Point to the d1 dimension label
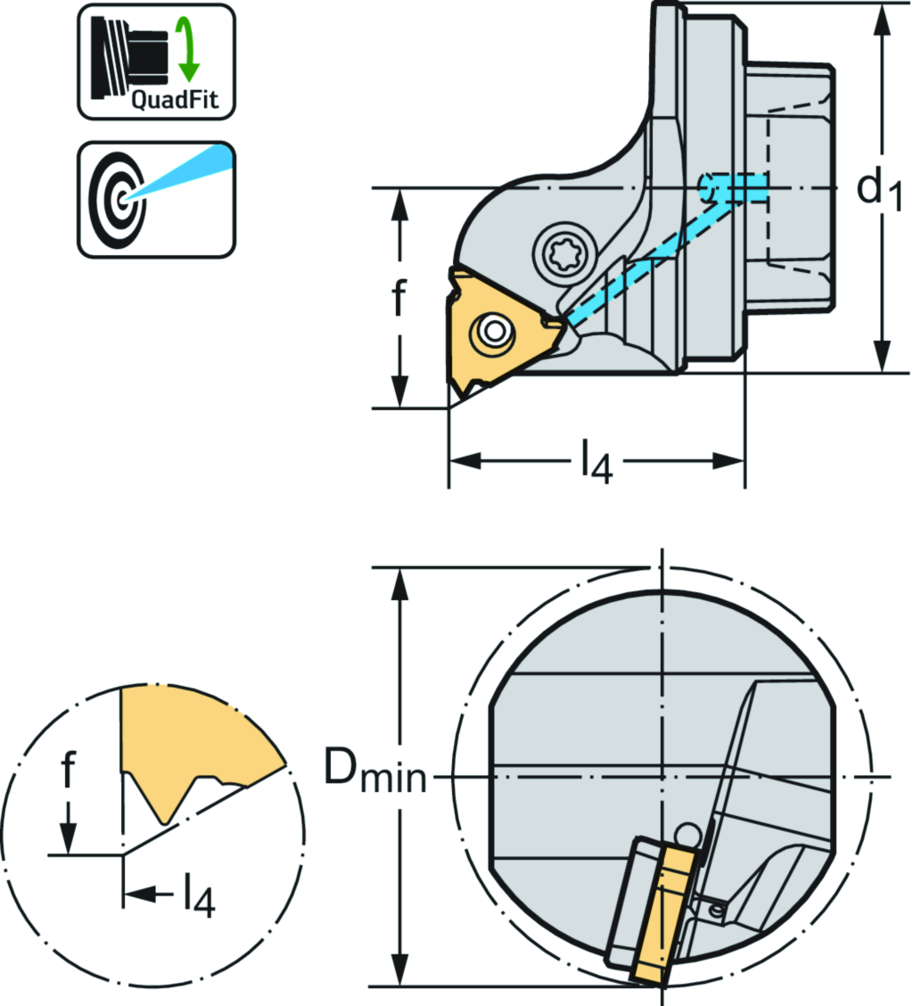pyautogui.click(x=878, y=189)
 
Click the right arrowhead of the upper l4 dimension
pyautogui.click(x=730, y=461)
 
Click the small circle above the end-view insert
pyautogui.click(x=687, y=833)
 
